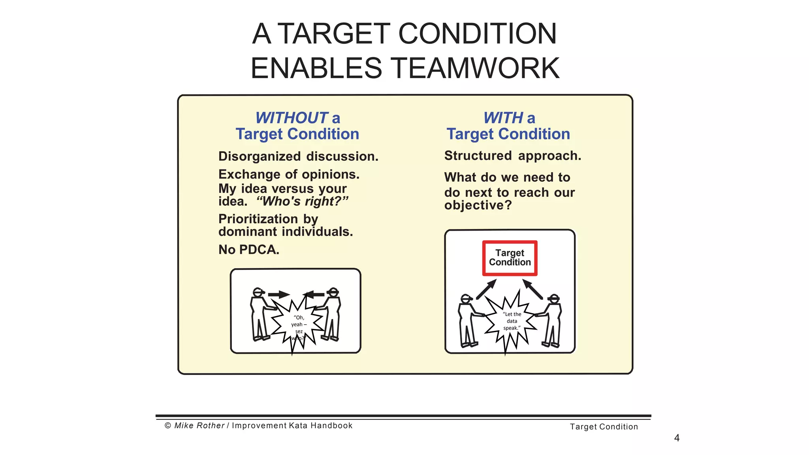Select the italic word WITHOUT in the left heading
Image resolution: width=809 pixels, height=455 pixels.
[x=292, y=118]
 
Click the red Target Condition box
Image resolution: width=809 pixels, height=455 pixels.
[x=510, y=258]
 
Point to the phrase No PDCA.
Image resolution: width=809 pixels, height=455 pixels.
[x=249, y=250]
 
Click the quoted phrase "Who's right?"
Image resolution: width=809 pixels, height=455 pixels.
[x=302, y=201]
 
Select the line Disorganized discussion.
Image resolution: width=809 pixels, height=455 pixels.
[x=298, y=156]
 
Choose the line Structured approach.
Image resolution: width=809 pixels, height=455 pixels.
[x=512, y=156]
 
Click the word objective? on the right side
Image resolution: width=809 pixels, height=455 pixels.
[x=478, y=205]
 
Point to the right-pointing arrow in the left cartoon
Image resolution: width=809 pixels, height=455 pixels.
[x=278, y=294]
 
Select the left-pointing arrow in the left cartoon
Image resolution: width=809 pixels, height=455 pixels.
[x=314, y=294]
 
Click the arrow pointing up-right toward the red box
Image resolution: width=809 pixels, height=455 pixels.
[x=486, y=289]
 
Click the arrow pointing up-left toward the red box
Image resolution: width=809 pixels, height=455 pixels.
[x=533, y=289]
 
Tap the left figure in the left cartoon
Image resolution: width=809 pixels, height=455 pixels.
[x=260, y=315]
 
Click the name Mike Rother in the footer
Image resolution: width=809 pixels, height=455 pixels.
[x=199, y=425]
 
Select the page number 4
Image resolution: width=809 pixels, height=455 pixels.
[x=677, y=438]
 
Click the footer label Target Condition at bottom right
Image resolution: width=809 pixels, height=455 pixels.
[x=604, y=427]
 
